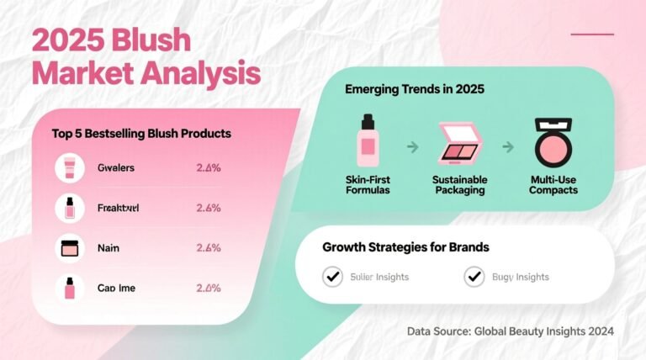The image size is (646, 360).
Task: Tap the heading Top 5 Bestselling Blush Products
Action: point(141,134)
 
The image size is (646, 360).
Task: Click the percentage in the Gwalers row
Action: point(208,168)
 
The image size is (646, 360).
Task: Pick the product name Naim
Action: point(109,247)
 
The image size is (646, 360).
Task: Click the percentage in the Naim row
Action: point(208,247)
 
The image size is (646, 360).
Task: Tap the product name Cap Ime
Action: point(116,288)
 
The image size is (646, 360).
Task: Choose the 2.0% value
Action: point(208,288)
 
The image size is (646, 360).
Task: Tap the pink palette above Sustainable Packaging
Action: point(458,143)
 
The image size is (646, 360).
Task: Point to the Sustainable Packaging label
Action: point(459,185)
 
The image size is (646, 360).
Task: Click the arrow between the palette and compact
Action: point(507,147)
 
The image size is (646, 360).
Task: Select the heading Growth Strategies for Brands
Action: point(405,248)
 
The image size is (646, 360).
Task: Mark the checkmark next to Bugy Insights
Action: point(475,276)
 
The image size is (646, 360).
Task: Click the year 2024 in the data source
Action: point(598,332)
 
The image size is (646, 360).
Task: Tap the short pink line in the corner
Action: point(592,34)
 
